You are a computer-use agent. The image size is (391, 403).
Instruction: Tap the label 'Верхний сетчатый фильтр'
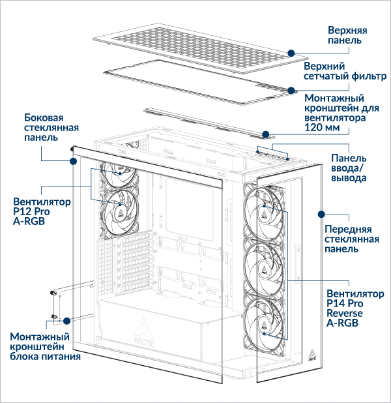coord(345,71)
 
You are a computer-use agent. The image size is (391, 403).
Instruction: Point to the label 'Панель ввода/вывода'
coord(349,168)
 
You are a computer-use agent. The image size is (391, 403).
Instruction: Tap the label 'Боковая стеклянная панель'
coord(44,129)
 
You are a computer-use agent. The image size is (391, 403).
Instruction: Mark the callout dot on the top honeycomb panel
coord(290,52)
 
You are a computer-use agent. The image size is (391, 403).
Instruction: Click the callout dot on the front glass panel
coord(321,213)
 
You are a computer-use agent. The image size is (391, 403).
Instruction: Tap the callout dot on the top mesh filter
coord(289,91)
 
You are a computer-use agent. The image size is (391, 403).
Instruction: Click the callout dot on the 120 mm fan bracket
coord(266,135)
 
